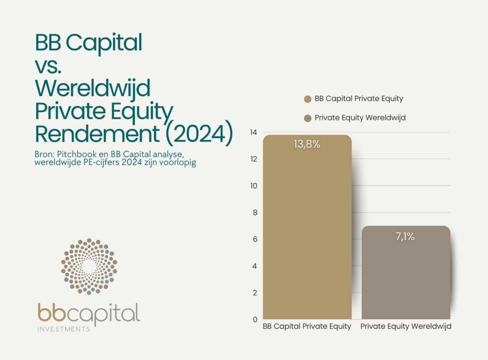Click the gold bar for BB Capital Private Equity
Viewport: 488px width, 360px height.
307,229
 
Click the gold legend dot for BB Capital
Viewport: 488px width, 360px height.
307,99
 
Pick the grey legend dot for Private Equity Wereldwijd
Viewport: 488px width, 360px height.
307,118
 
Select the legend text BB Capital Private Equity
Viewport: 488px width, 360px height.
358,99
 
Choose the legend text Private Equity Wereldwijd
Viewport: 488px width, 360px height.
360,118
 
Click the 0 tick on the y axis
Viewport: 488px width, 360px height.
255,319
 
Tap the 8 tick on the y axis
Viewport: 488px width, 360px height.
255,212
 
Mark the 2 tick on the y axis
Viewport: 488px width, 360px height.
255,292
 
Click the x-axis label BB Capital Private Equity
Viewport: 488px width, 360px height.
307,327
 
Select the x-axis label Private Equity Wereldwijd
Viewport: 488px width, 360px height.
406,327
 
